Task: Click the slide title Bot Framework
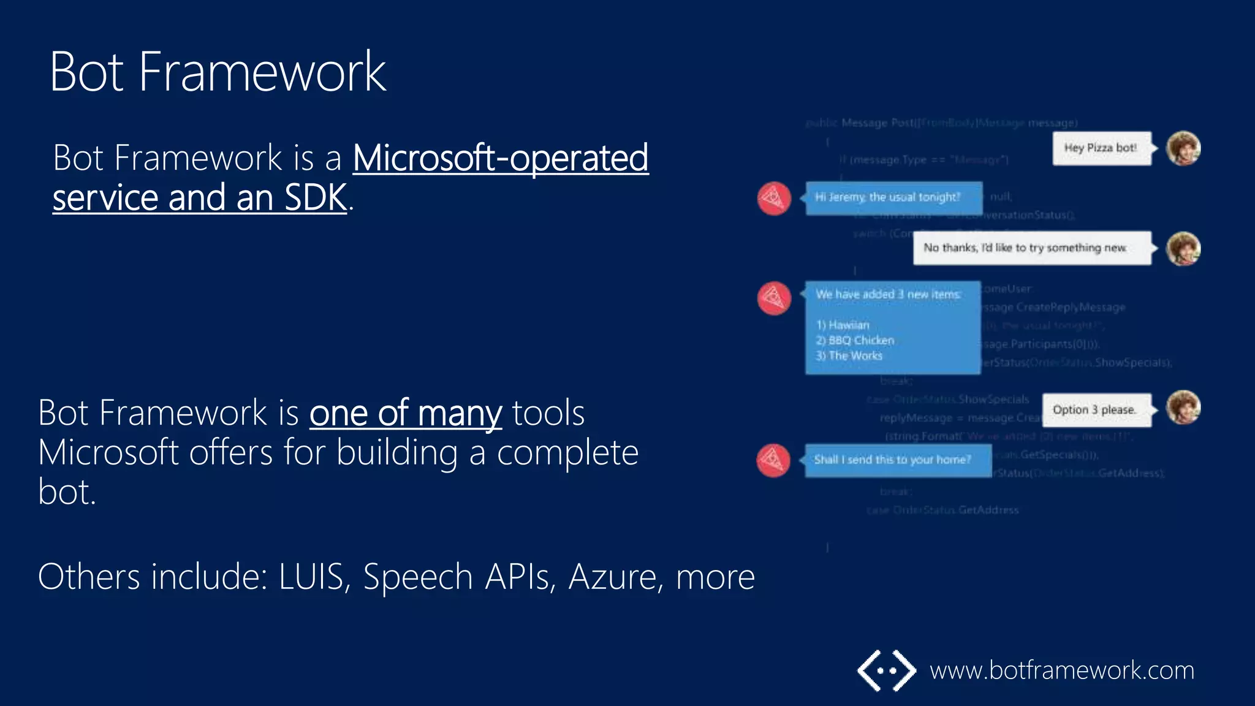coord(218,72)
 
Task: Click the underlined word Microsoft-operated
coord(500,158)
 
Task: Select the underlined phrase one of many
coord(405,412)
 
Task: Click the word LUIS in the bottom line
coord(311,577)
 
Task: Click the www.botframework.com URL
coord(1061,670)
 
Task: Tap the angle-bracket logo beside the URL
coord(886,670)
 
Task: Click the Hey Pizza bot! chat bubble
coord(1101,148)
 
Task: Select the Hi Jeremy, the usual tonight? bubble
coord(893,198)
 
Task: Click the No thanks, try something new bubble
coord(1031,248)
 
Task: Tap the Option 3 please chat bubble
coord(1095,410)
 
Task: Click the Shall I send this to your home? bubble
coord(897,460)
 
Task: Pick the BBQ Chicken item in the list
coord(855,341)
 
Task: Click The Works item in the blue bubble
coord(849,356)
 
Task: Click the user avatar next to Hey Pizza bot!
coord(1183,148)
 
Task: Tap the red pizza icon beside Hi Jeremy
coord(774,198)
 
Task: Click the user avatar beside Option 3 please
coord(1183,408)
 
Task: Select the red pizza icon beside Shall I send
coord(773,460)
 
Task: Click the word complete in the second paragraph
coord(567,453)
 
